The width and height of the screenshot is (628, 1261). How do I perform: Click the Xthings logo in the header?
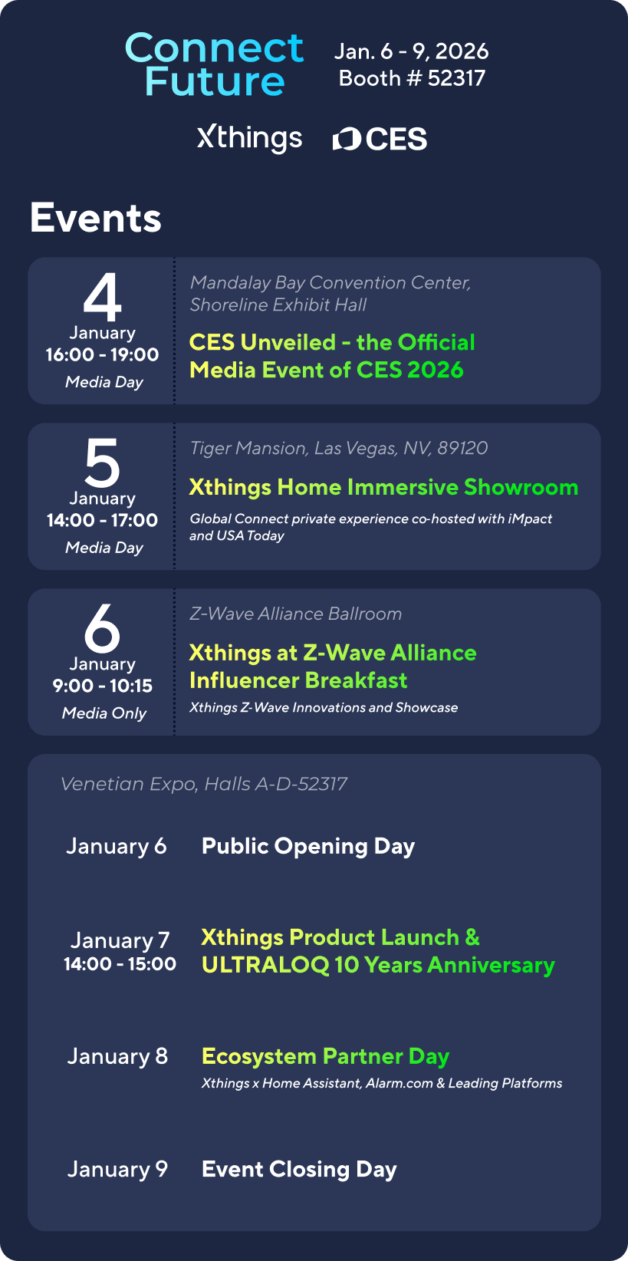pyautogui.click(x=249, y=139)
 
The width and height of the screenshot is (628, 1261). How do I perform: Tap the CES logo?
pyautogui.click(x=380, y=139)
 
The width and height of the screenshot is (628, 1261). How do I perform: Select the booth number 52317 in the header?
pyautogui.click(x=456, y=78)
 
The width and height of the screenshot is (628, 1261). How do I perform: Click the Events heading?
pyautogui.click(x=96, y=218)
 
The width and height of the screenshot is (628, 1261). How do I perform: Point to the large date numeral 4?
pyautogui.click(x=103, y=298)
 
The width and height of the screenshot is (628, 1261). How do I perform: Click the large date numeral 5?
pyautogui.click(x=103, y=463)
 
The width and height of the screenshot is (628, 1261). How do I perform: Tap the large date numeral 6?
pyautogui.click(x=103, y=628)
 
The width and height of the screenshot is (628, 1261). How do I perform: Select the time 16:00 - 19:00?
pyautogui.click(x=103, y=354)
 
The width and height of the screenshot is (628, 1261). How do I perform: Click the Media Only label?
pyautogui.click(x=104, y=713)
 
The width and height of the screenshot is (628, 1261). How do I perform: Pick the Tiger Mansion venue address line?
pyautogui.click(x=339, y=448)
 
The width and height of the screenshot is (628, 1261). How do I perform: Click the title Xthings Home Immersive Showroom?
pyautogui.click(x=383, y=488)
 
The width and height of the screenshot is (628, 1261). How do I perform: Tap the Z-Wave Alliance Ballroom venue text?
pyautogui.click(x=296, y=614)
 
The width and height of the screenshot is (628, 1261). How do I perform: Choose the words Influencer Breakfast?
pyautogui.click(x=298, y=680)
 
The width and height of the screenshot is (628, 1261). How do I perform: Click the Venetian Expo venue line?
pyautogui.click(x=204, y=784)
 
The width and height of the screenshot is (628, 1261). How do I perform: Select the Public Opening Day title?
pyautogui.click(x=308, y=847)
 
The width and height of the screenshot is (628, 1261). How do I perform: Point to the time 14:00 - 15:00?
pyautogui.click(x=120, y=963)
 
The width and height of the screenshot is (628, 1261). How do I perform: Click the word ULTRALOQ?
pyautogui.click(x=265, y=965)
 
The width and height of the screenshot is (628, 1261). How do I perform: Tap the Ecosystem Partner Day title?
pyautogui.click(x=325, y=1057)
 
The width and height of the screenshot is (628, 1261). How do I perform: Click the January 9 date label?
pyautogui.click(x=117, y=1169)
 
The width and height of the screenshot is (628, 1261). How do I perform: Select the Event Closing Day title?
pyautogui.click(x=299, y=1170)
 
